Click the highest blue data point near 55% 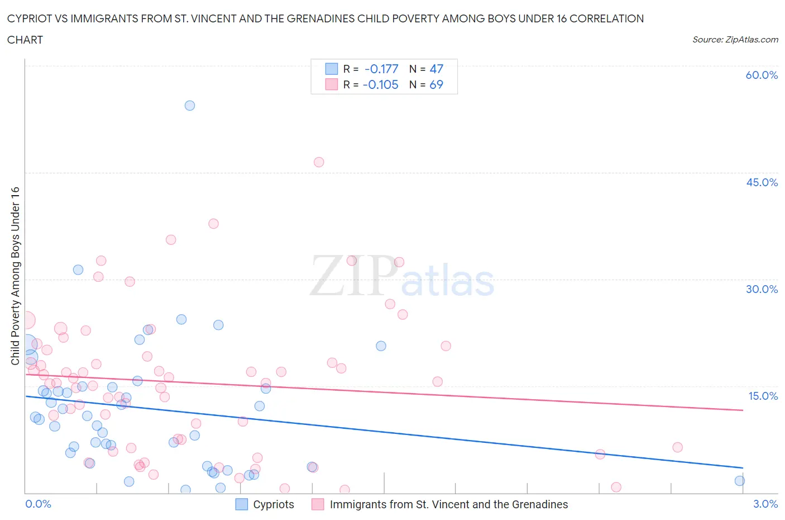190,106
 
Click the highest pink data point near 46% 319,162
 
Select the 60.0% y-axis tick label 762,75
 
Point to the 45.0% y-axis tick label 762,182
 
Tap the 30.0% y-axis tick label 762,289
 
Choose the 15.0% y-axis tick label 763,396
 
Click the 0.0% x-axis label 38,504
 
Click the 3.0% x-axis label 765,504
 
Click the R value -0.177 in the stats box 381,69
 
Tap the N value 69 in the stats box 436,84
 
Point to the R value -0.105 380,84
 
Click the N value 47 436,69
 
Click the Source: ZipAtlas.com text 735,39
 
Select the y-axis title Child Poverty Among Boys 15,276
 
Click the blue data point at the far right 740,481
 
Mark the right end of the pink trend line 743,410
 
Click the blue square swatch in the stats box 332,69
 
